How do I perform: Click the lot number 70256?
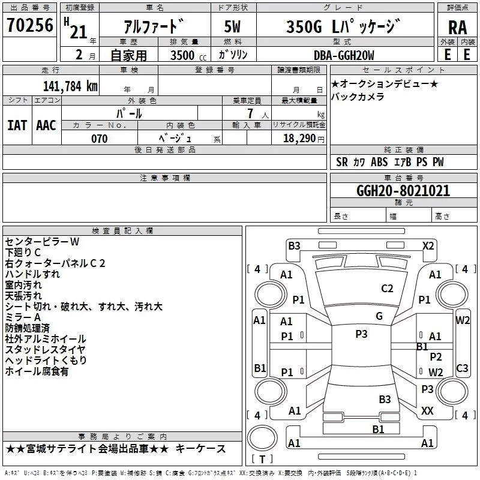coord(30,25)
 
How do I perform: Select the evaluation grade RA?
coord(458,28)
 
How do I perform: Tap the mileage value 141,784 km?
coord(70,86)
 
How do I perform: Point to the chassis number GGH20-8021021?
coord(403,190)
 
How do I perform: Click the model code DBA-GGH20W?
coord(344,55)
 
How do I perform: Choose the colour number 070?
coord(100,139)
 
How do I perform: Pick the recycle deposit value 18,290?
coord(299,139)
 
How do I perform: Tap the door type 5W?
coord(232,26)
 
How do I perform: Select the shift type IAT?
coord(17,125)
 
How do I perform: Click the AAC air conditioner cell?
coord(46,125)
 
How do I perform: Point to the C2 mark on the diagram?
coord(387,289)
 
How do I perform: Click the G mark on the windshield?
coord(379,316)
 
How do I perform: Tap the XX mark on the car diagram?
coord(427,410)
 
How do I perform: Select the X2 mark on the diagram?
coord(428,246)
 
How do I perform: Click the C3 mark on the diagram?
coord(462,368)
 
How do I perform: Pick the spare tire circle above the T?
coord(262,438)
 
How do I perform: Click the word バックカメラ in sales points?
coord(358,97)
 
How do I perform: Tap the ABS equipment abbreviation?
coord(379,162)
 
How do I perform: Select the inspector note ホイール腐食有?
coord(37,371)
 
